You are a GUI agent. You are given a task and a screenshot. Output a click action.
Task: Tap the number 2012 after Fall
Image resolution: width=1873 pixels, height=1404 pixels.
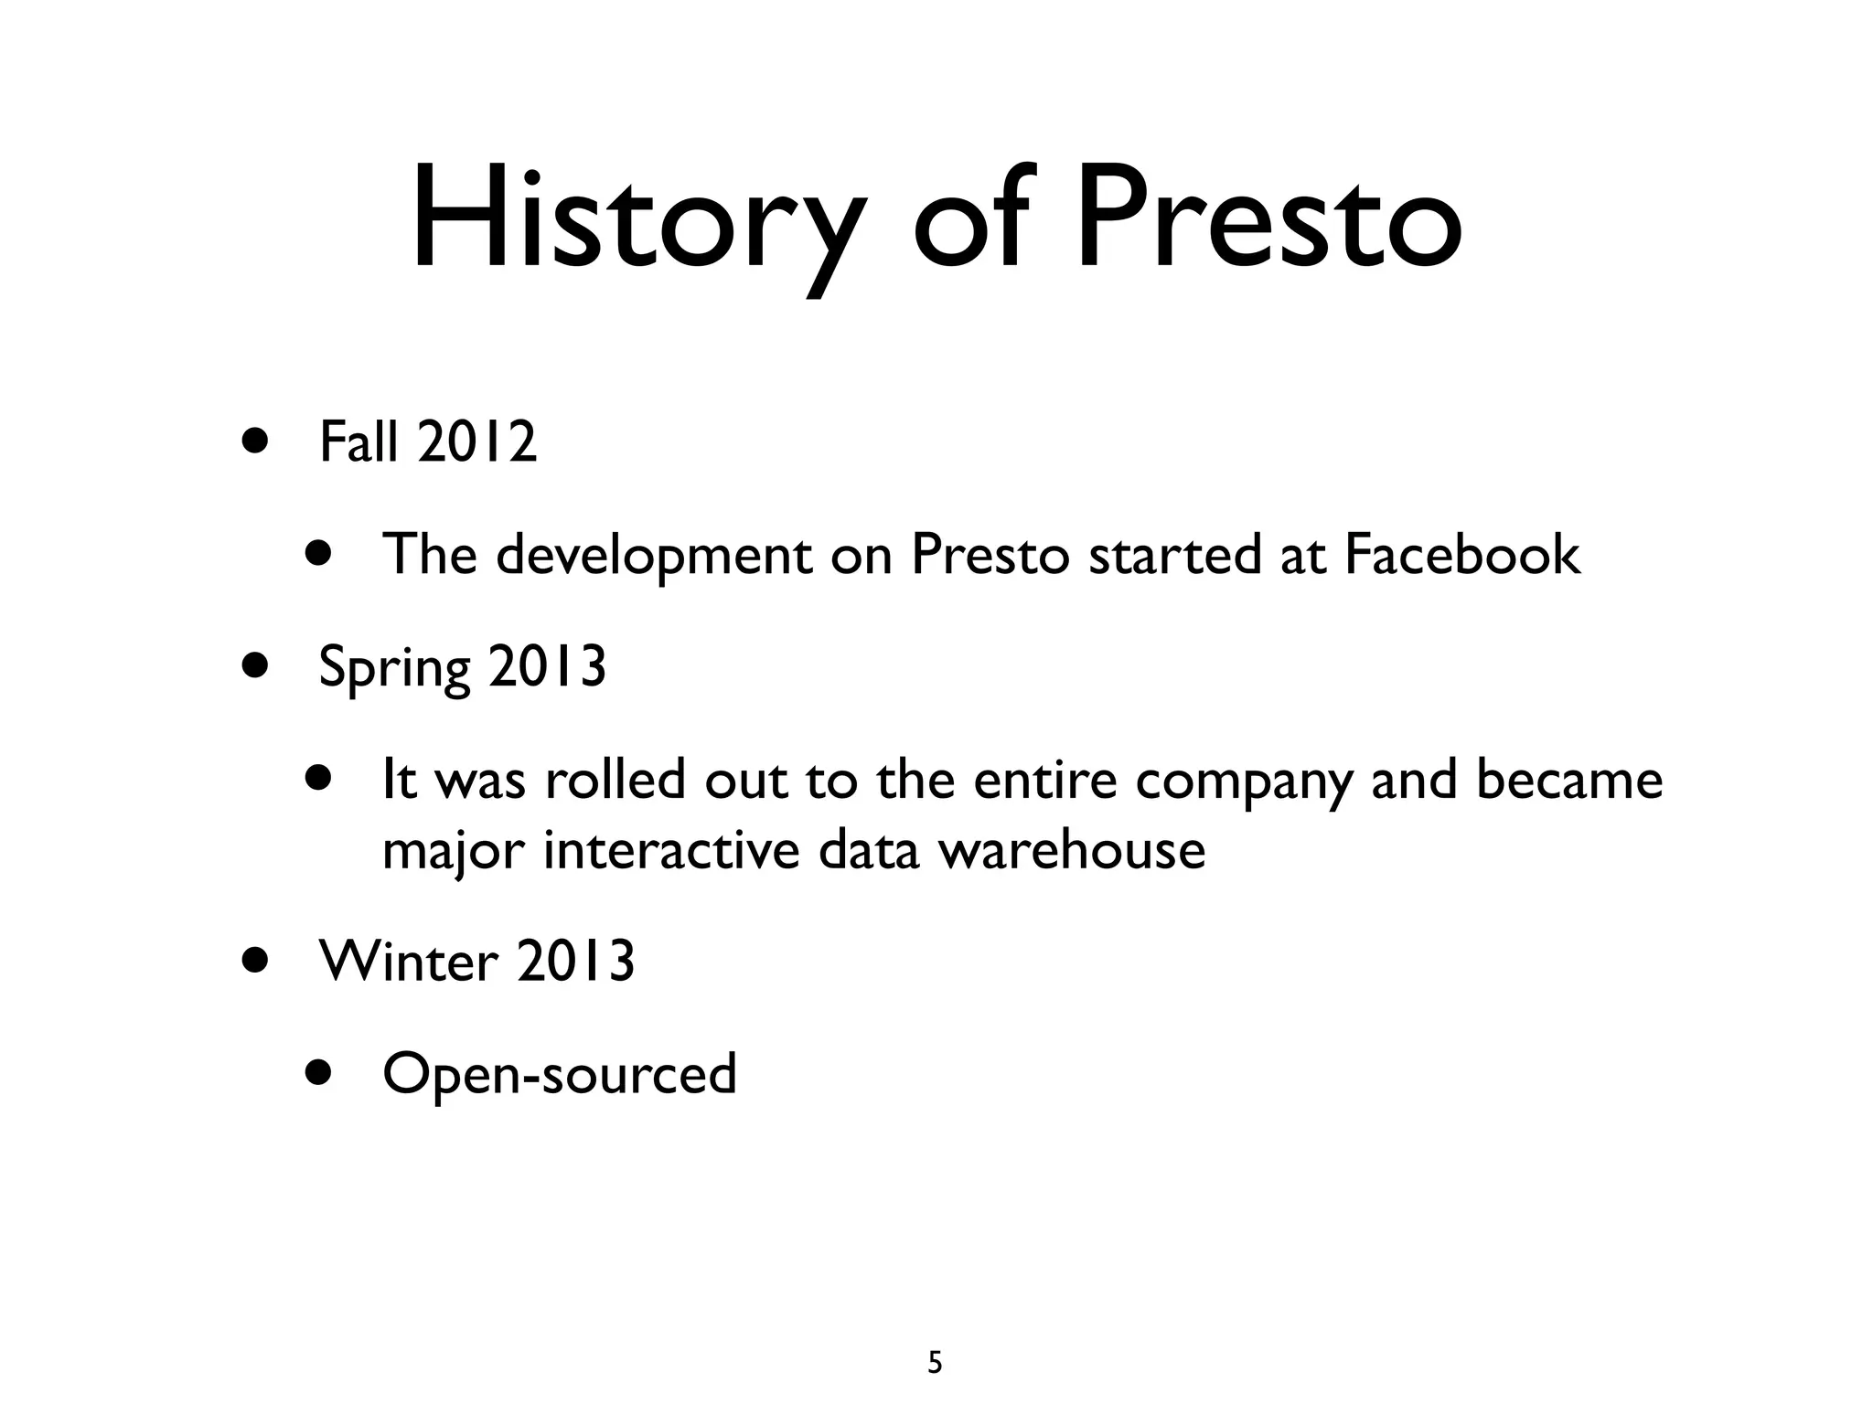click(476, 442)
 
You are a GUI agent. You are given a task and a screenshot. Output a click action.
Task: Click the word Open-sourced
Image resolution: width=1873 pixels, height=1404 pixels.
click(559, 1074)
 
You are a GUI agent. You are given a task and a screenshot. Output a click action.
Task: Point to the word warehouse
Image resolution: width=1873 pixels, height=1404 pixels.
click(1072, 850)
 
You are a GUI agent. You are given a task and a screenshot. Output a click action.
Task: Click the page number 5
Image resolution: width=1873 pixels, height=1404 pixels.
click(935, 1363)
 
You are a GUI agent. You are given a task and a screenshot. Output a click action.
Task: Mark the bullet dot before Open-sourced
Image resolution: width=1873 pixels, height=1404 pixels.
click(319, 1070)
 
